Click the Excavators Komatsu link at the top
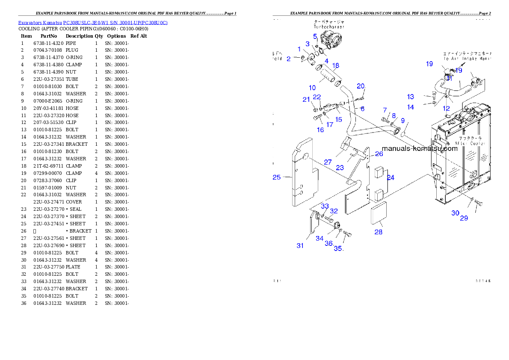(93, 22)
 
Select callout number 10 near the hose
(312, 88)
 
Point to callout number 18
(336, 65)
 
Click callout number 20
(361, 86)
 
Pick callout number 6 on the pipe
(362, 109)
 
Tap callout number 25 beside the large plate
(277, 177)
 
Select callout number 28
(378, 232)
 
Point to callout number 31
(300, 245)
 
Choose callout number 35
(338, 249)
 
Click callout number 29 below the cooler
(464, 218)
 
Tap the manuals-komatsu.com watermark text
(419, 149)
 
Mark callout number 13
(411, 97)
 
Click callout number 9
(402, 121)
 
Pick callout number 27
(328, 162)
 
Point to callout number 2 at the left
(288, 59)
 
